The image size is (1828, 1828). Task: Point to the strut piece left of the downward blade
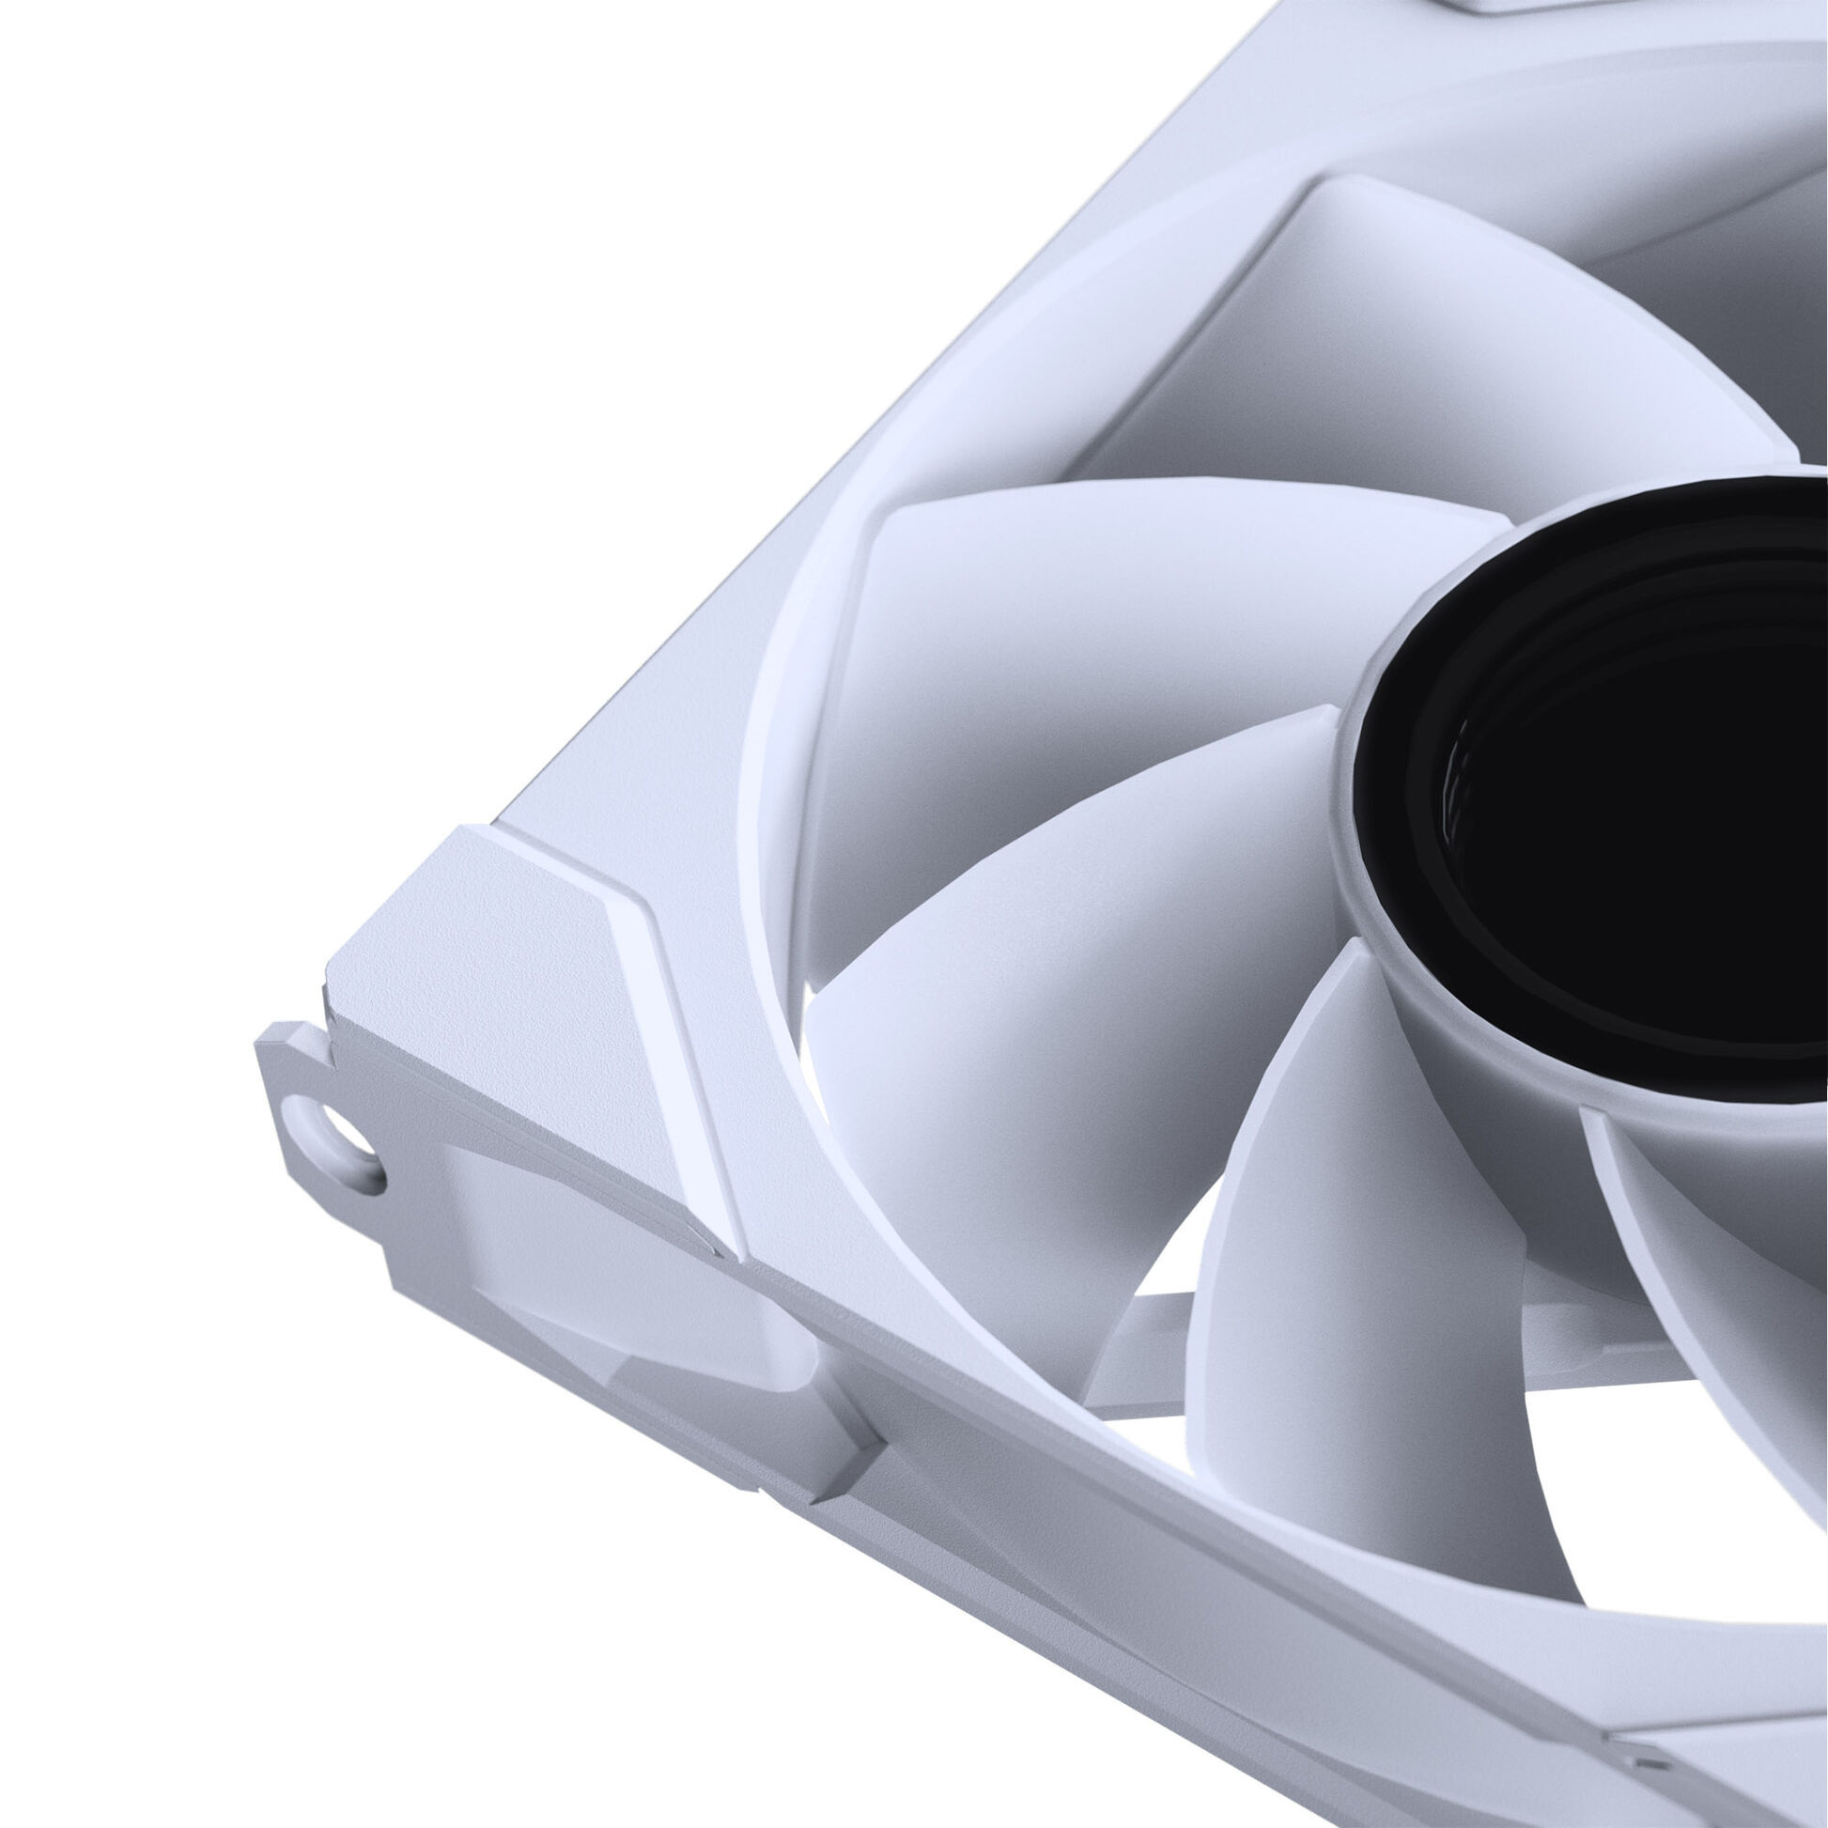coord(1136,1343)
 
